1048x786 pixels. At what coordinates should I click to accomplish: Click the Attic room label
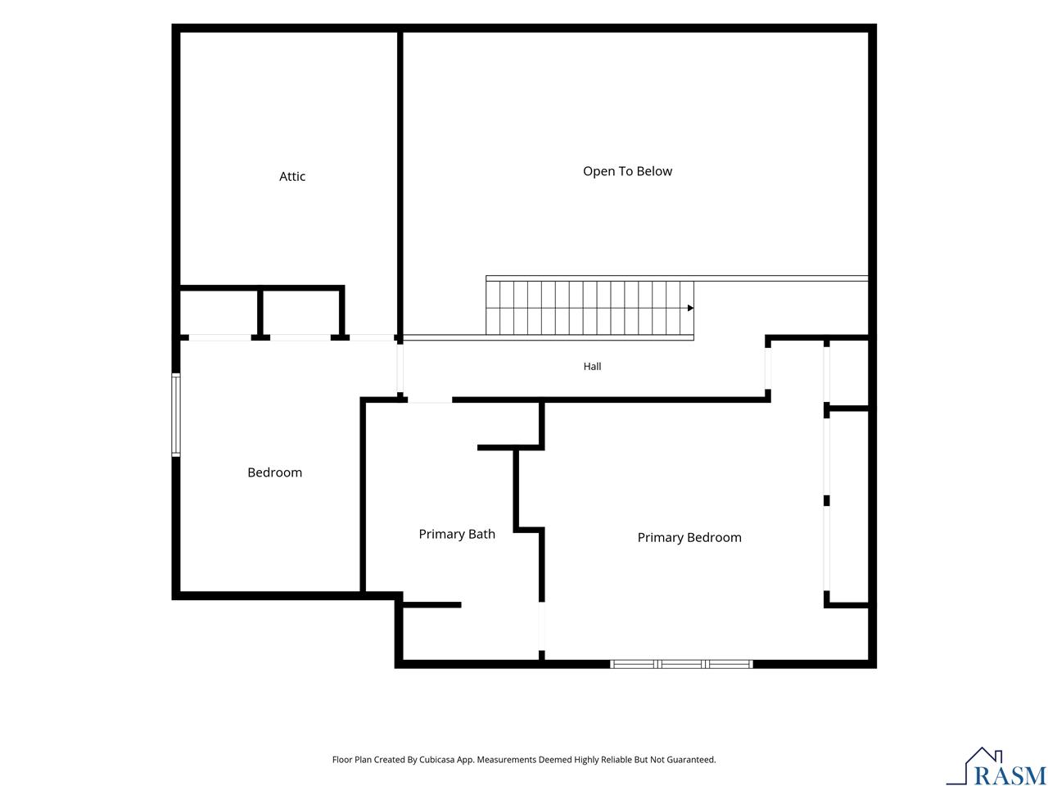coord(291,177)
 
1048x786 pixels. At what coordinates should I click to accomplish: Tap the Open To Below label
coord(627,171)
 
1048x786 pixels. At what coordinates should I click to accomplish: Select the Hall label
coord(592,366)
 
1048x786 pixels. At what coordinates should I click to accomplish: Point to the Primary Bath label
coord(456,534)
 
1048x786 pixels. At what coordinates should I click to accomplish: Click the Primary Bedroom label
coord(689,537)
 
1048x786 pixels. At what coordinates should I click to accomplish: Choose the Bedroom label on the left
coord(274,472)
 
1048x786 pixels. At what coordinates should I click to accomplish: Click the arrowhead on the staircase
coord(690,308)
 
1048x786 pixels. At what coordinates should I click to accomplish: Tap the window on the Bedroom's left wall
coord(176,415)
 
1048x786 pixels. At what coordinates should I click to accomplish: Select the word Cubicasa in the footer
coord(436,759)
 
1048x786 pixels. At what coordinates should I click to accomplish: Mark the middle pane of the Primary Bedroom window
coord(681,664)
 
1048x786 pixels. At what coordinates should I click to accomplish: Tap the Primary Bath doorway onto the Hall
coord(430,400)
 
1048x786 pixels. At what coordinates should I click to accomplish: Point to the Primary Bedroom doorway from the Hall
coord(768,368)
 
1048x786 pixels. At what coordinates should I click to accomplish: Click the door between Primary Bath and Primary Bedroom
coord(541,626)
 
